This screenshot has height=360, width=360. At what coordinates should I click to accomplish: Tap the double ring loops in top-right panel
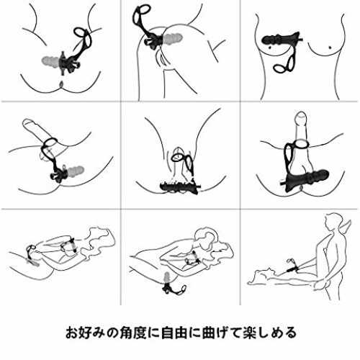pos(285,64)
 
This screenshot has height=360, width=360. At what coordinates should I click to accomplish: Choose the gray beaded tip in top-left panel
pos(51,61)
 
